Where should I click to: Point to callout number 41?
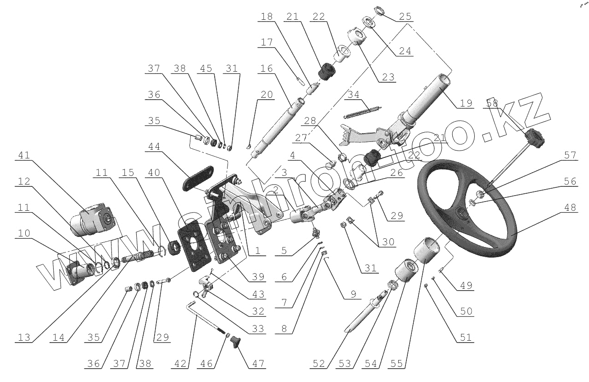point(24,157)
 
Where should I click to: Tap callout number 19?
point(466,103)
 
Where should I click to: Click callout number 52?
point(319,363)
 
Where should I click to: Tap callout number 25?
point(404,17)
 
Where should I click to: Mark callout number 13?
point(24,337)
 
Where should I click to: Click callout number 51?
point(466,337)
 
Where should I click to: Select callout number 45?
point(206,68)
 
